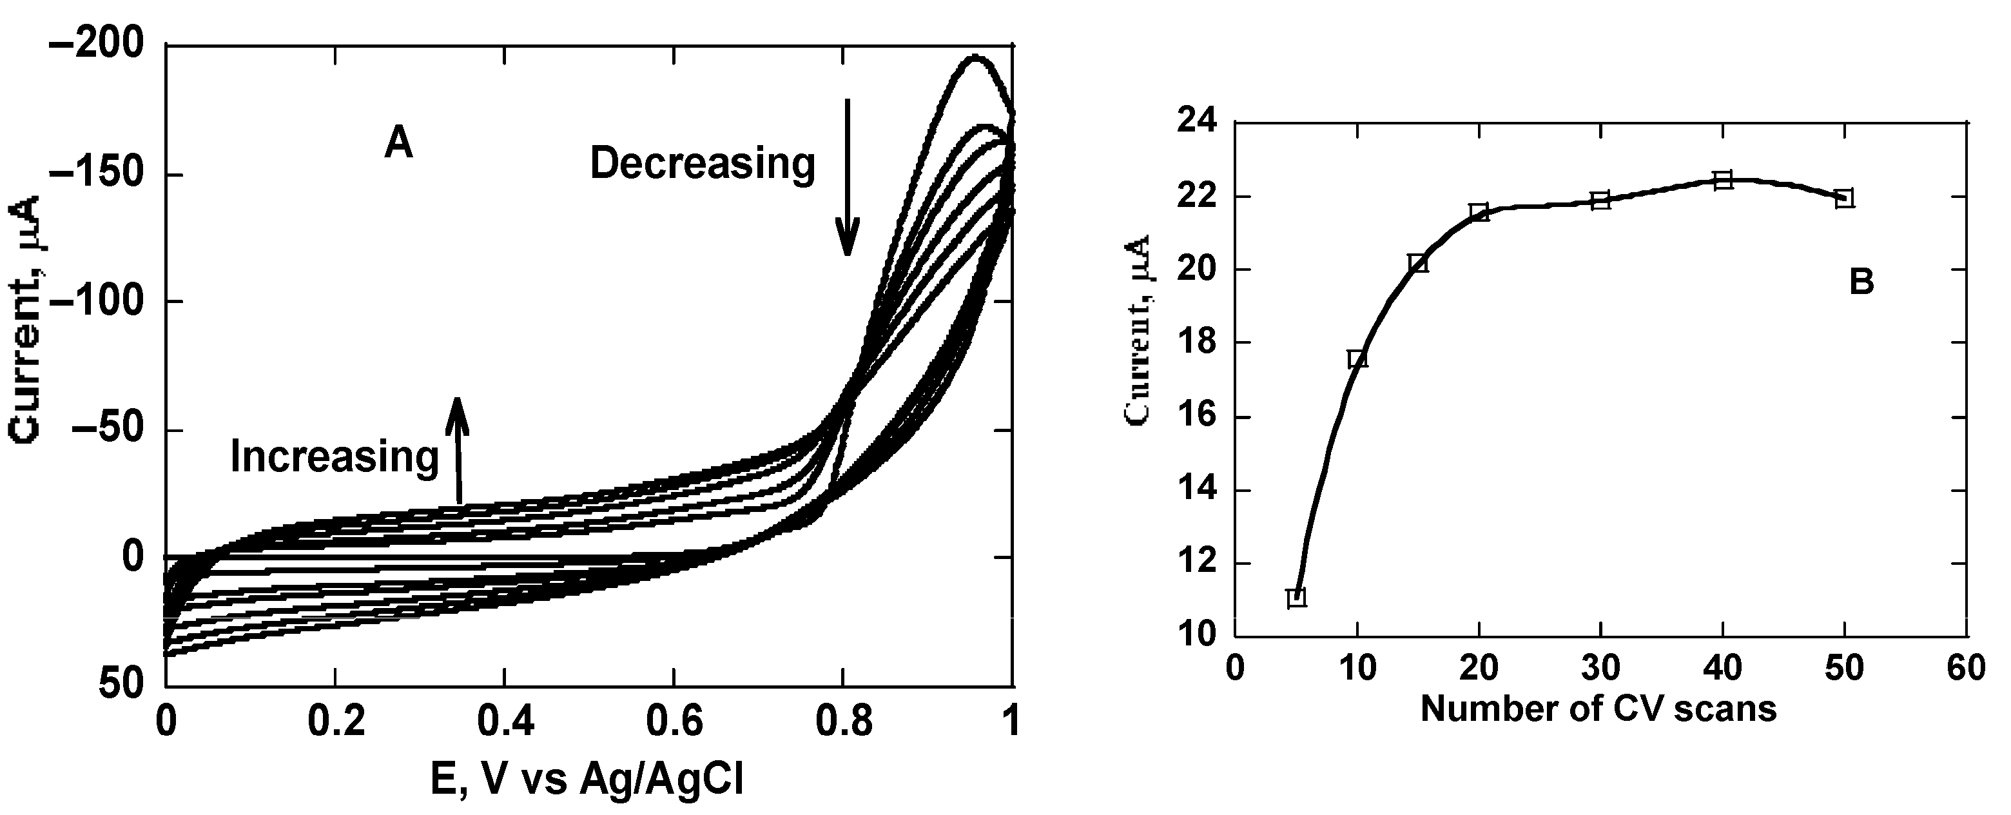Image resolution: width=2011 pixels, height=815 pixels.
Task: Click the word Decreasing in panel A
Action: coord(701,164)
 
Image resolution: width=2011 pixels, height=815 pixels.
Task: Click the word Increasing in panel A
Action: coord(334,457)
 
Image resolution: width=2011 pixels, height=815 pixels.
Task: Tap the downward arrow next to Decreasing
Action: coord(847,178)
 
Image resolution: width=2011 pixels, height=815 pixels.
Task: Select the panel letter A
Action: coord(398,144)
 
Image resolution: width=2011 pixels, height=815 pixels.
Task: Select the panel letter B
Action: coord(1862,282)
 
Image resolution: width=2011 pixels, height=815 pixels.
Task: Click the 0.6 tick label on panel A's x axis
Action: coord(673,723)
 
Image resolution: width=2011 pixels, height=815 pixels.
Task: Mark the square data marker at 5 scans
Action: coord(1297,597)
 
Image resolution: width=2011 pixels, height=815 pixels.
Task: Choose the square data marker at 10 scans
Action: coord(1357,359)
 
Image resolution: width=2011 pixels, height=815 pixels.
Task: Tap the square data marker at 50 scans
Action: coord(1845,199)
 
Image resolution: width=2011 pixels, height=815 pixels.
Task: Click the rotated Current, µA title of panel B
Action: coord(1138,330)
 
